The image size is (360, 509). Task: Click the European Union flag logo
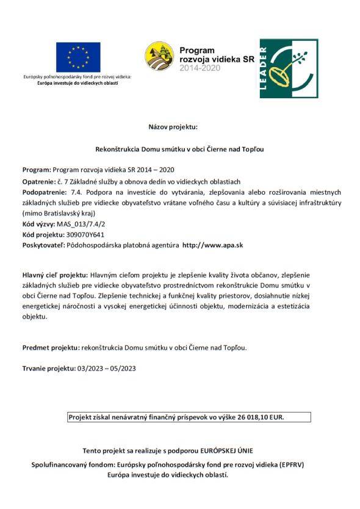pos(78,57)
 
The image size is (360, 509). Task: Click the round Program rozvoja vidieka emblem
pos(160,56)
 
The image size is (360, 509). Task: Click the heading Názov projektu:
pos(173,127)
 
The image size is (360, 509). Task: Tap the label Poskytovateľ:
pos(44,243)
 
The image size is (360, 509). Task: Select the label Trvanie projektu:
pos(46,368)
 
